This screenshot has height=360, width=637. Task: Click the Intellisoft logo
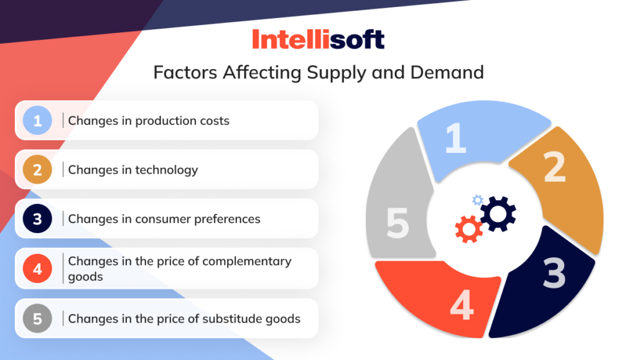pyautogui.click(x=318, y=39)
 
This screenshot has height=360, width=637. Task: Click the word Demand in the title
pyautogui.click(x=447, y=72)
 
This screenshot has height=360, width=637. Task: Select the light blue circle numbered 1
pyautogui.click(x=38, y=121)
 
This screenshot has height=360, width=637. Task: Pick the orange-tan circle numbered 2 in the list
pyautogui.click(x=38, y=170)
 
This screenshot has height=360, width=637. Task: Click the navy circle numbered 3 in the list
pyautogui.click(x=38, y=219)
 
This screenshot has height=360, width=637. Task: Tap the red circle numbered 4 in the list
pyautogui.click(x=38, y=269)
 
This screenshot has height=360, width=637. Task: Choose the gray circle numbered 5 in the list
pyautogui.click(x=38, y=319)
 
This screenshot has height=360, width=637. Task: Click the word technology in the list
pyautogui.click(x=167, y=170)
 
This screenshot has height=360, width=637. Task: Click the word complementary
pyautogui.click(x=251, y=261)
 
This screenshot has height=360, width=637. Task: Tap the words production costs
pyautogui.click(x=182, y=121)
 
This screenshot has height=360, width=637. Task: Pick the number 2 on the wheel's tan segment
pyautogui.click(x=554, y=166)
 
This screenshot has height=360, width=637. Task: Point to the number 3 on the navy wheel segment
pyautogui.click(x=553, y=273)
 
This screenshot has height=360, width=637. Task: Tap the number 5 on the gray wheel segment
pyautogui.click(x=398, y=223)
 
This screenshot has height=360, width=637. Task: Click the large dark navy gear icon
pyautogui.click(x=498, y=213)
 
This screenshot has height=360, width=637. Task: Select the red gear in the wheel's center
pyautogui.click(x=468, y=229)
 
